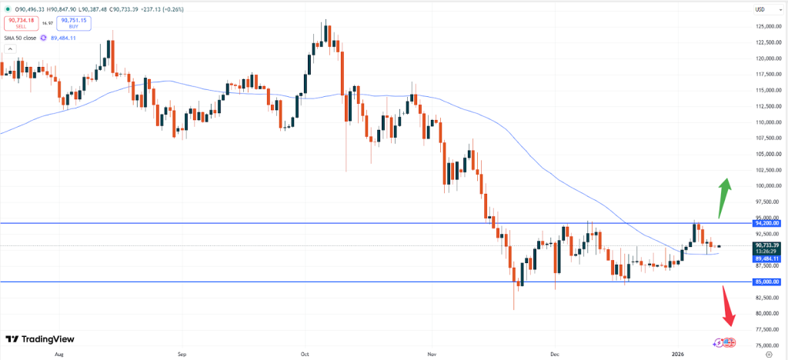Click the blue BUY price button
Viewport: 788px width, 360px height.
(74, 23)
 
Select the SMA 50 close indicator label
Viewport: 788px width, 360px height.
(20, 37)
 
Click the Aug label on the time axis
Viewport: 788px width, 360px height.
(59, 355)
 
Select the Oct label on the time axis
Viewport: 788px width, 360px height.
(305, 355)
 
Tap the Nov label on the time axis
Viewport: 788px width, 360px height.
(431, 355)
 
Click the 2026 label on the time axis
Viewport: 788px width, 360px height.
(677, 355)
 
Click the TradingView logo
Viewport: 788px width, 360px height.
(36, 339)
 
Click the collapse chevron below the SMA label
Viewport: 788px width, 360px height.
(11, 48)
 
